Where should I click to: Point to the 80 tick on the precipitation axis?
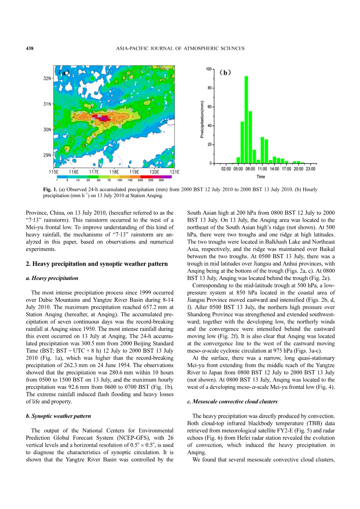click(209, 88)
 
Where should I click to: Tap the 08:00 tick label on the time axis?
click(250, 169)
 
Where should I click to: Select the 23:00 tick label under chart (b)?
click(311, 169)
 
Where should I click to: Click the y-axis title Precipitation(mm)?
click(202, 119)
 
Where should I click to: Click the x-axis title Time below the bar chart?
click(261, 177)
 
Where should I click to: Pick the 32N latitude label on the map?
click(47, 79)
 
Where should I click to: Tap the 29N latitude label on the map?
click(47, 155)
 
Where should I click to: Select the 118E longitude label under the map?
click(114, 172)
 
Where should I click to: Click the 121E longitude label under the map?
click(174, 172)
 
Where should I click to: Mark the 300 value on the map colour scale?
click(161, 180)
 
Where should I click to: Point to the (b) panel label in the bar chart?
click(225, 72)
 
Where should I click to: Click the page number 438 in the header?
click(30, 49)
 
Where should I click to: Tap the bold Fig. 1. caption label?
click(50, 190)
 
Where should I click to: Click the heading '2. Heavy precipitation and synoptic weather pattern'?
click(97, 264)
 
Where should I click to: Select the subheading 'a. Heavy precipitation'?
click(52, 278)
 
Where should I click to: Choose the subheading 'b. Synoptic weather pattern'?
click(58, 416)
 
